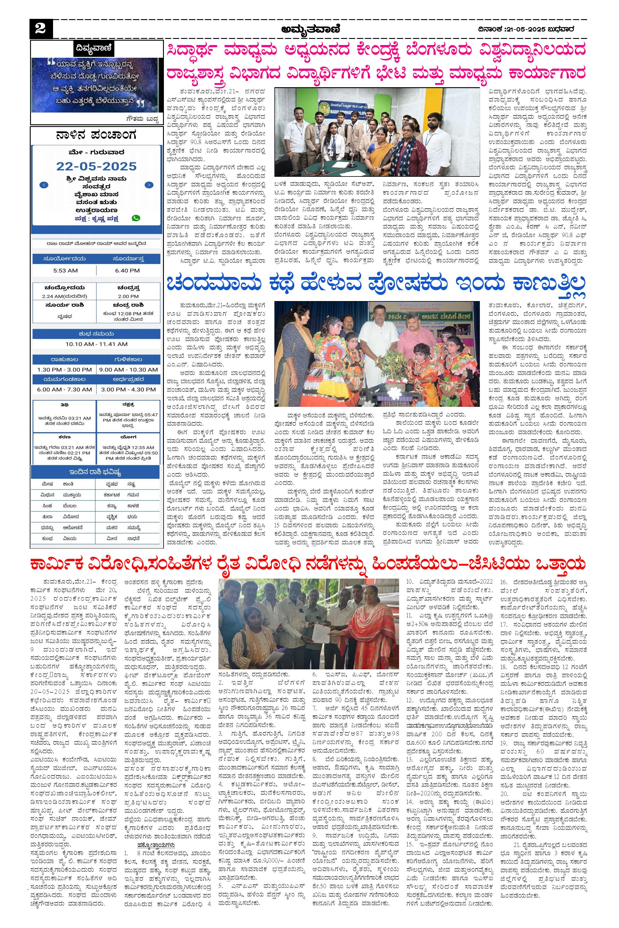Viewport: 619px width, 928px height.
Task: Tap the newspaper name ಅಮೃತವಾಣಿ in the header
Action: click(309, 29)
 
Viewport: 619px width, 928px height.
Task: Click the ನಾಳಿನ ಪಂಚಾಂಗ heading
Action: click(96, 136)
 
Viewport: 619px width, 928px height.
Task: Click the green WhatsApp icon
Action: click(136, 218)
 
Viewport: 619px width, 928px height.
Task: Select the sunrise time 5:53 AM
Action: click(65, 271)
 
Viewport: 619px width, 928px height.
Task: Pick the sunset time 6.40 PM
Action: click(128, 271)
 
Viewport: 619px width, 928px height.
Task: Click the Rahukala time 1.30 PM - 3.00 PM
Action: click(64, 370)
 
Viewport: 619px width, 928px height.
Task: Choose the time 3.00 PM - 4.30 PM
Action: click(128, 389)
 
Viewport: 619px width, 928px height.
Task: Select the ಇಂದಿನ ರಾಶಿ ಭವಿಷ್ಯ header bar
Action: click(96, 472)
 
